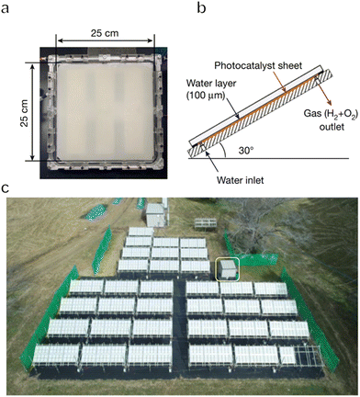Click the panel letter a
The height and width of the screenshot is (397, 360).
point(7,8)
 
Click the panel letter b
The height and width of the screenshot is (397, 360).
point(187,8)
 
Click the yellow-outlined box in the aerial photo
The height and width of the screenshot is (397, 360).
point(226,269)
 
